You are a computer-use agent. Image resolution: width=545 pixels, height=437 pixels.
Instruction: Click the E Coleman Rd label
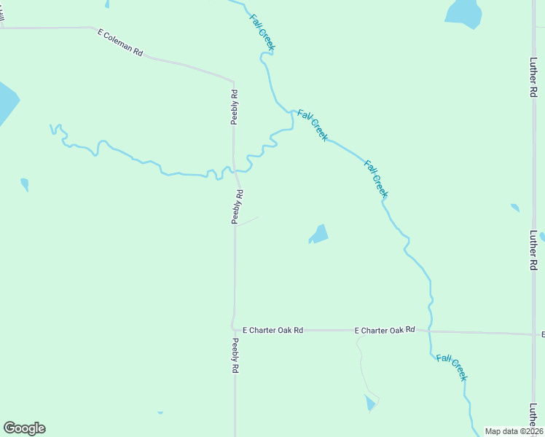[x=120, y=43]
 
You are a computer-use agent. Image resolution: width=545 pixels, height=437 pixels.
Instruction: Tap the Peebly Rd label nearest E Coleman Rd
[x=235, y=106]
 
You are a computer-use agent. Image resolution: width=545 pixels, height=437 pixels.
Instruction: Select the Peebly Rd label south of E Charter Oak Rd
[x=235, y=356]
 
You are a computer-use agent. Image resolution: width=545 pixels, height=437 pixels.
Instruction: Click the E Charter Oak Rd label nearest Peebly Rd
[x=272, y=330]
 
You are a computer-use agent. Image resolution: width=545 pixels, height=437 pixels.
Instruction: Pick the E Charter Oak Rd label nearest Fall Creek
[x=385, y=331]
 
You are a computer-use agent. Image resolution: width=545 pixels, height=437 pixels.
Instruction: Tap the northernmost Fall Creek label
[x=262, y=32]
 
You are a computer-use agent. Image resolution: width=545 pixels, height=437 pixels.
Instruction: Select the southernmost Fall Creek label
[x=452, y=367]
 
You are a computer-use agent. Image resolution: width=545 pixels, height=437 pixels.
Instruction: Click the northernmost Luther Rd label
[x=533, y=79]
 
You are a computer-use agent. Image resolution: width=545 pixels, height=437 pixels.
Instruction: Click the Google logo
[x=24, y=428]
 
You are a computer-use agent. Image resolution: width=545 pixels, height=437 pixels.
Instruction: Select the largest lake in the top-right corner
[x=464, y=12]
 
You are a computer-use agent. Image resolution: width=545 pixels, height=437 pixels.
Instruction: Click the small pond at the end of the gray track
[x=370, y=403]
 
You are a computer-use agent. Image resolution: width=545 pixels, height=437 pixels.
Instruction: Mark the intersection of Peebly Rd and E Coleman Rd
[x=233, y=80]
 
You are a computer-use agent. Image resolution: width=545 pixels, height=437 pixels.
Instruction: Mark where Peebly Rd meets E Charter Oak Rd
[x=234, y=330]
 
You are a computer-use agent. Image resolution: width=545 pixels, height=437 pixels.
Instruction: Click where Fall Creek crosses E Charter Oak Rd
[x=430, y=331]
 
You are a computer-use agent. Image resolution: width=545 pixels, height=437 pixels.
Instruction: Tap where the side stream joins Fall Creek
[x=293, y=113]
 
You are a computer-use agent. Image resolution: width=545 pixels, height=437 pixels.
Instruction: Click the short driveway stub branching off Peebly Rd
[x=246, y=221]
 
